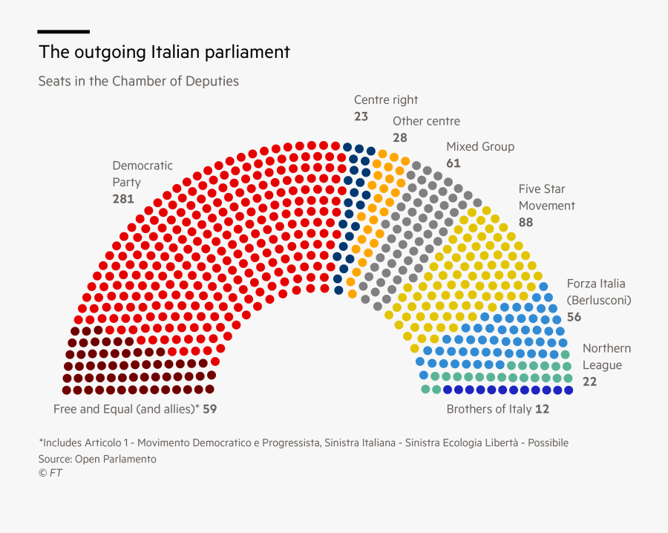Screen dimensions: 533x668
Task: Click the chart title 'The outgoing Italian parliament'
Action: pos(164,53)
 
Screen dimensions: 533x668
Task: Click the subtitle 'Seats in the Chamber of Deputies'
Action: pos(138,81)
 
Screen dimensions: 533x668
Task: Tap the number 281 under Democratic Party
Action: pos(122,199)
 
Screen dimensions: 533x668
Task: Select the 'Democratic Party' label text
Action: pos(142,174)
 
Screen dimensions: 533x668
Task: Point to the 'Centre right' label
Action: pos(385,99)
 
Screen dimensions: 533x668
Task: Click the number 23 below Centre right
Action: pos(361,117)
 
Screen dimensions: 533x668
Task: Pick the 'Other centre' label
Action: pos(426,121)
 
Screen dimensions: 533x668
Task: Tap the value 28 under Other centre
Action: pos(400,138)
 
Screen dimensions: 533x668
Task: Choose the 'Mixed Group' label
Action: pos(479,146)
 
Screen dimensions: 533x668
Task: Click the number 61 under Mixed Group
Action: pos(453,163)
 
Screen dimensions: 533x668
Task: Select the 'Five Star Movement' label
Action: pos(546,197)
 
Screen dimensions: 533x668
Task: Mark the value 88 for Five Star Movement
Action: pos(526,222)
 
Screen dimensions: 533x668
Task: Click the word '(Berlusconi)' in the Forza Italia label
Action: pos(598,300)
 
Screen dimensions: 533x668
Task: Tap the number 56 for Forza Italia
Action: pos(574,317)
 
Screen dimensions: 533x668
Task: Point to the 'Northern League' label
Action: pos(606,356)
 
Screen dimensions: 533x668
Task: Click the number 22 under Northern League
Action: pos(589,382)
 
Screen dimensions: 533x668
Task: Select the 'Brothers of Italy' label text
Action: pos(488,409)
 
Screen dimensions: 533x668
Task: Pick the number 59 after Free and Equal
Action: pos(209,409)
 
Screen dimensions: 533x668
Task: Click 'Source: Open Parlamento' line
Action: pos(97,459)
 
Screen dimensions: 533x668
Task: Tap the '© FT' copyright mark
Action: pos(50,473)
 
